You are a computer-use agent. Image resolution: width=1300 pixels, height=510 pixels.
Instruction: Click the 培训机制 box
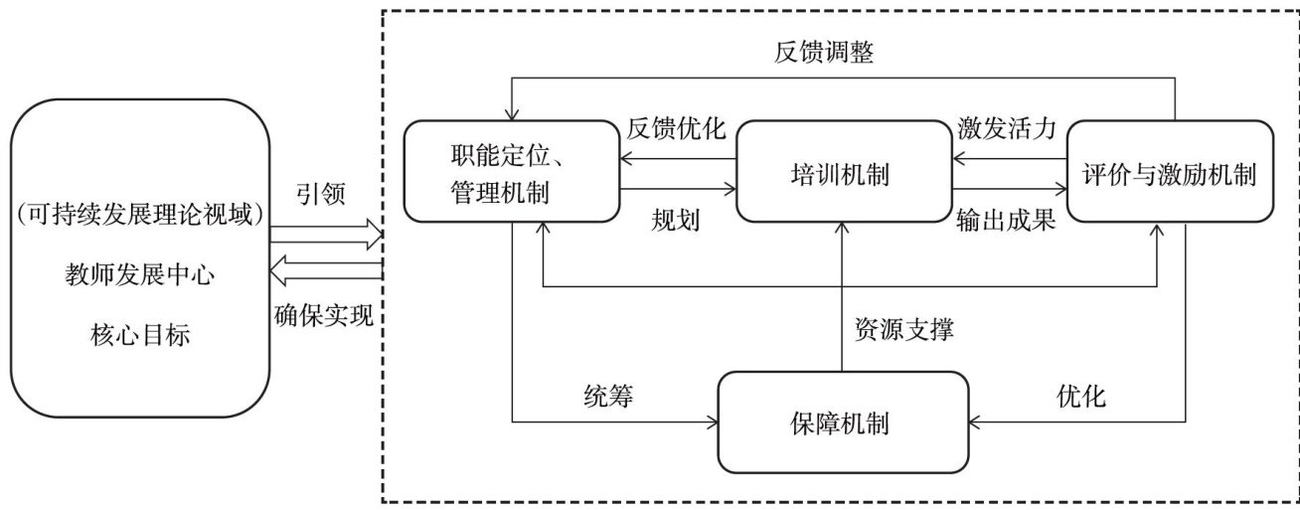point(842,170)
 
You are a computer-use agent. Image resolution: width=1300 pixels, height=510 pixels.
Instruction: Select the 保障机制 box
point(842,423)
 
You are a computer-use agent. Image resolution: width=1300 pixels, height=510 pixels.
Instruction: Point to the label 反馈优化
point(676,130)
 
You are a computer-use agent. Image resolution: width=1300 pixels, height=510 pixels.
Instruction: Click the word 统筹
point(608,397)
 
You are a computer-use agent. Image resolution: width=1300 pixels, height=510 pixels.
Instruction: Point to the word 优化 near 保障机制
point(1080,397)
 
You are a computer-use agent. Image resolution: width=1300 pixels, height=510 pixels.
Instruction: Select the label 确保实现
point(324,317)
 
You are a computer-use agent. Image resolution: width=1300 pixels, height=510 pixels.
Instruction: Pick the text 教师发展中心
point(139,275)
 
